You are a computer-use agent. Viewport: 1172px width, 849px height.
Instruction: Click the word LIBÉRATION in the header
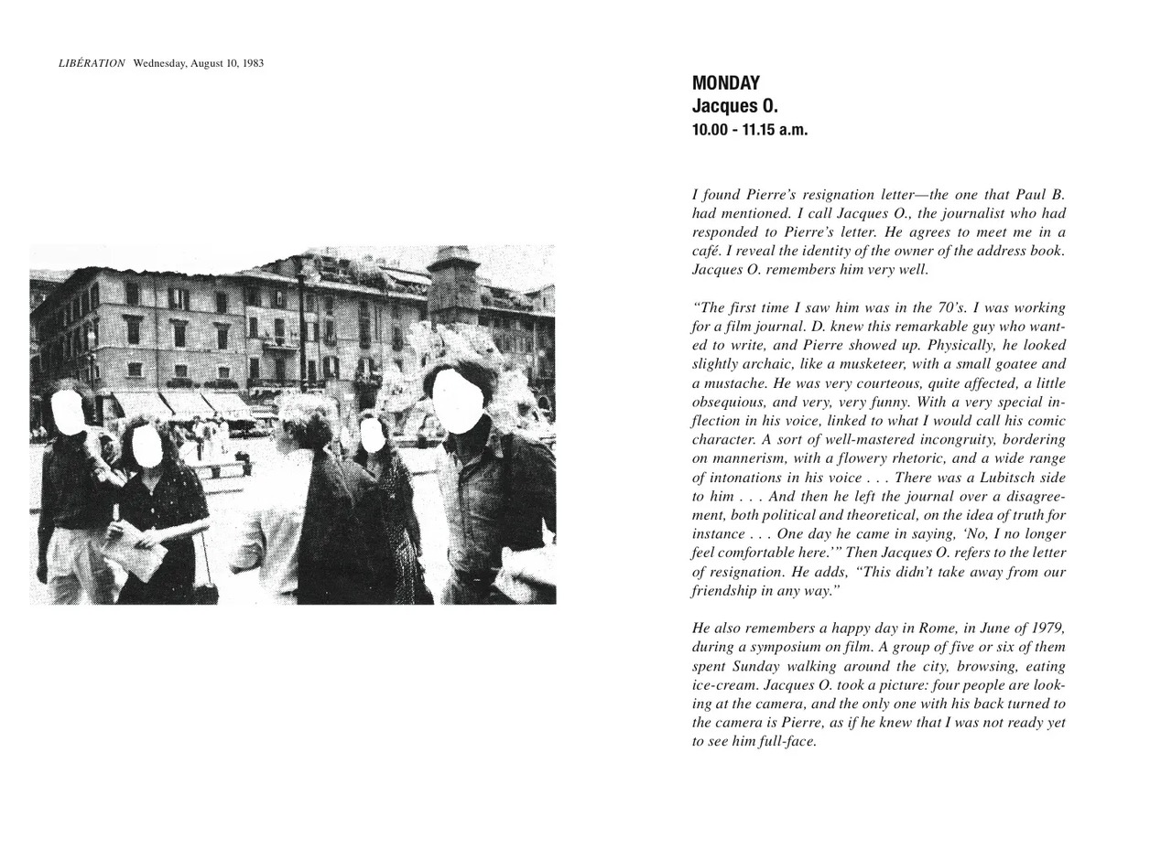tap(92, 63)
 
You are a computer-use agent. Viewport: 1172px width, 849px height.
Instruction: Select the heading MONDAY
tap(726, 83)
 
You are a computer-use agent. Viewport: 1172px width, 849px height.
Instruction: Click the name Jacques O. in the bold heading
tap(734, 106)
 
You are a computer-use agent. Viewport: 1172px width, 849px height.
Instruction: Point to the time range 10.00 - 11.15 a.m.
tap(750, 130)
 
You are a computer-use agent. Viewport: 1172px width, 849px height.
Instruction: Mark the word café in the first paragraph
tap(708, 250)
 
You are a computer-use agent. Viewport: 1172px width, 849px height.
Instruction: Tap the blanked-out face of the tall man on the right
tap(457, 401)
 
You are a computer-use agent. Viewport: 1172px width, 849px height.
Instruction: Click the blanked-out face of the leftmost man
tap(67, 410)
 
